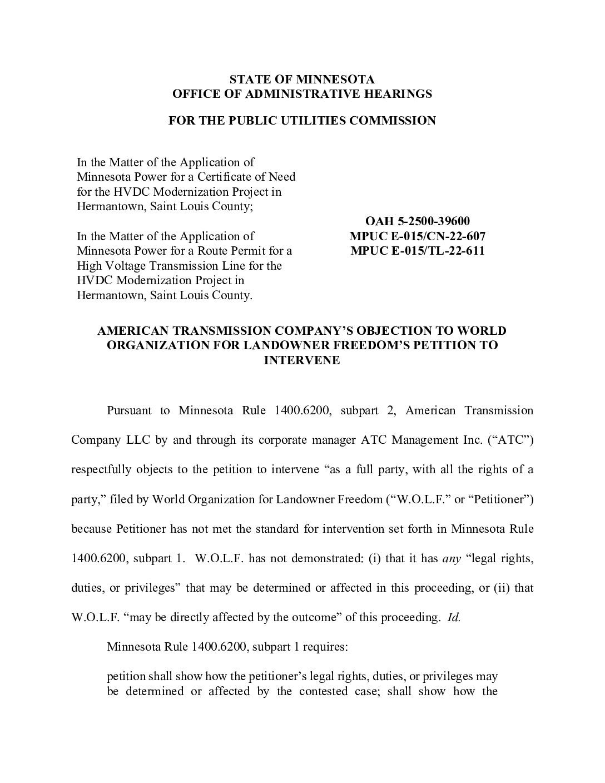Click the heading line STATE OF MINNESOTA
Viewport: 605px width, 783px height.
[302, 80]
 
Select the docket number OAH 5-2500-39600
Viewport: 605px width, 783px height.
[417, 222]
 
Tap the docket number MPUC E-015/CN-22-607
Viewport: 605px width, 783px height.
[417, 236]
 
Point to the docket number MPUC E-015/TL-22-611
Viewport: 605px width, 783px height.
[417, 251]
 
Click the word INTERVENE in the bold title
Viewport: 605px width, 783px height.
[302, 360]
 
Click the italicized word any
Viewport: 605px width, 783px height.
[452, 558]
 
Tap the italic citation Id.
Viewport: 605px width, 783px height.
[454, 617]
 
